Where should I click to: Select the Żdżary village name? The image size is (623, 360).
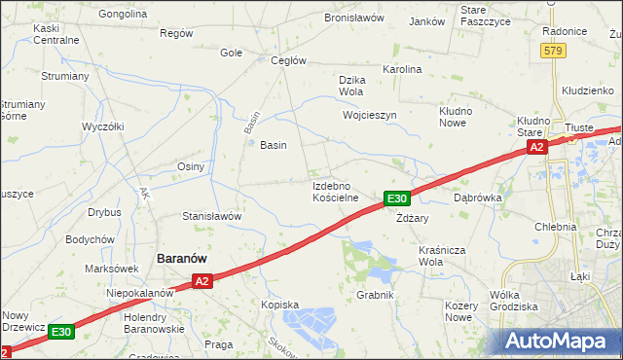pos(413,218)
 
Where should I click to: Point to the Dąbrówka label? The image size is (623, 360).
pos(477,197)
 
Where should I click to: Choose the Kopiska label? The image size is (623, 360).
pos(279,305)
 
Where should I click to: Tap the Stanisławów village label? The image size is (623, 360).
pos(212,216)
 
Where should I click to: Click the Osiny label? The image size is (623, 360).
pos(190,166)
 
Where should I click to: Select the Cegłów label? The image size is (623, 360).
pos(288,60)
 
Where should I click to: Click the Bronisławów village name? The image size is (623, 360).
pos(354,18)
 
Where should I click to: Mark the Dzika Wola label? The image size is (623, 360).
pos(350,86)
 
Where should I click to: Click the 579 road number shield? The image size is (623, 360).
pos(554,51)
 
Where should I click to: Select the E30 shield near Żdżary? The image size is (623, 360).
pos(395,198)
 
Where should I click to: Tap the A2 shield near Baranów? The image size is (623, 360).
pos(202,281)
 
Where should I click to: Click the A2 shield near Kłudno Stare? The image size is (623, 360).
pos(536,147)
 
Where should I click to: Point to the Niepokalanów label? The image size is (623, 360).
pos(140,292)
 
